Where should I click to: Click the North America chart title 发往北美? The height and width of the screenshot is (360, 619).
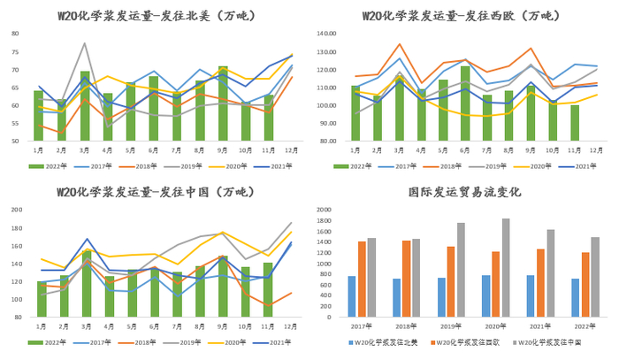(154, 16)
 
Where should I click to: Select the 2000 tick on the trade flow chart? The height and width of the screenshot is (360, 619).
(324, 210)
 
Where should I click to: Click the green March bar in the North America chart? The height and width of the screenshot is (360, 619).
(85, 106)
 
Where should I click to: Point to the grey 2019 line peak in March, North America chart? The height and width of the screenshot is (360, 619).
(85, 43)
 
